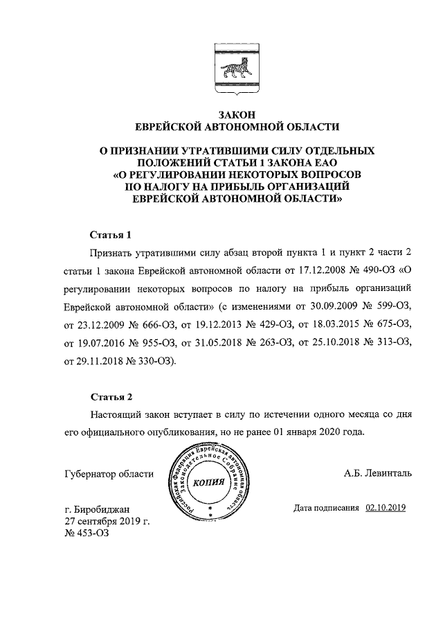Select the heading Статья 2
111,397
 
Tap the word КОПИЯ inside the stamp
209,482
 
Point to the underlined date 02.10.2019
386,509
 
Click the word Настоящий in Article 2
116,414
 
